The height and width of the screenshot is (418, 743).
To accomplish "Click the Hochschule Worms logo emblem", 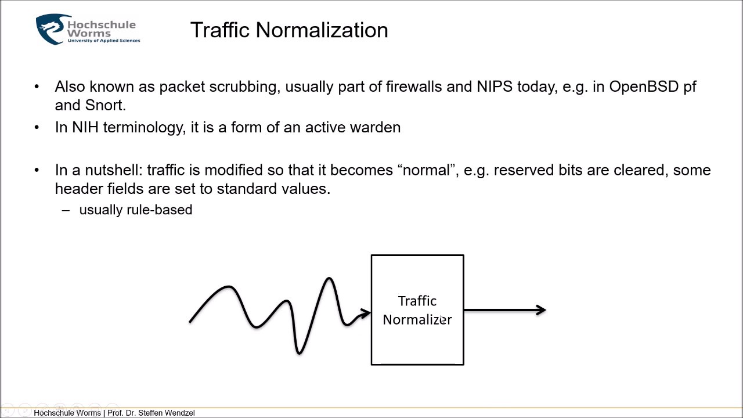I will pyautogui.click(x=51, y=30).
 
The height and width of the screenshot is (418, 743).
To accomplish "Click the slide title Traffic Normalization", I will pyautogui.click(x=289, y=30).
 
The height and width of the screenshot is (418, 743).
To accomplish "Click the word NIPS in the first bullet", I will pyautogui.click(x=495, y=87).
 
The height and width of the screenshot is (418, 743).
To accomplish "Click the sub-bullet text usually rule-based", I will pyautogui.click(x=135, y=210).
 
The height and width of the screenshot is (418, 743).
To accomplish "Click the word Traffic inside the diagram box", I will pyautogui.click(x=417, y=301).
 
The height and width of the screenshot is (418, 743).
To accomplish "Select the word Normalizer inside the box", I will pyautogui.click(x=417, y=319).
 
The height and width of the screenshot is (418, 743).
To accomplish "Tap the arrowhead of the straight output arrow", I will pyautogui.click(x=541, y=310).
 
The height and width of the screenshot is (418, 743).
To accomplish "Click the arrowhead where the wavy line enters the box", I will pyautogui.click(x=365, y=313).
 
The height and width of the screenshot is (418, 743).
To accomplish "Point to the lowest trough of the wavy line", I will pyautogui.click(x=299, y=351).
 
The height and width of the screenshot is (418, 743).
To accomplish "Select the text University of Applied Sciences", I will pyautogui.click(x=103, y=41).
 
